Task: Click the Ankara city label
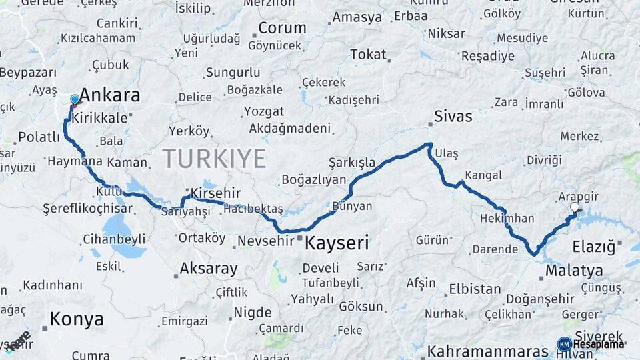point(110,95)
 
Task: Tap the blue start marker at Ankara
point(75,100)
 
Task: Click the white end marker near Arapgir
point(575,208)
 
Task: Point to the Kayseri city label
point(337,243)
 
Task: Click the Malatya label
point(574,271)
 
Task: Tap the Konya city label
point(77,319)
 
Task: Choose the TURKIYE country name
point(214,159)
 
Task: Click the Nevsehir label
point(266,241)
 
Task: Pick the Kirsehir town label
point(215,193)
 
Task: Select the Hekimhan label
point(507,218)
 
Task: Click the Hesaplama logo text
point(599,344)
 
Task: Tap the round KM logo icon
point(564,344)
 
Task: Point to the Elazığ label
point(593,247)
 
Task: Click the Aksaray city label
point(209,269)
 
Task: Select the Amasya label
point(356,17)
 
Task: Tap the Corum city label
point(282,28)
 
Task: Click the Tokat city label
point(368,55)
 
